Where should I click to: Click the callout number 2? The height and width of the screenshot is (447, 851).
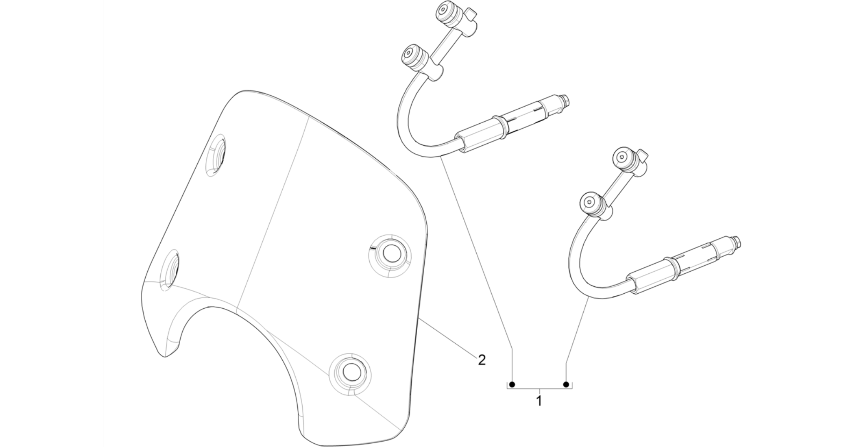click(481, 359)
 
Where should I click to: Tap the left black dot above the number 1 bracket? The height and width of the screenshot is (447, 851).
click(512, 384)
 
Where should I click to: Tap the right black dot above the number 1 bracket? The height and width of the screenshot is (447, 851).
click(565, 384)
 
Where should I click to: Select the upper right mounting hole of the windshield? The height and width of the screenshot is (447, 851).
click(390, 254)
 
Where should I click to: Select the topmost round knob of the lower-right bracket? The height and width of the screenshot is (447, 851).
click(624, 157)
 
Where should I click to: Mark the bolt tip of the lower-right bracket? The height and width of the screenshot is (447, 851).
click(737, 241)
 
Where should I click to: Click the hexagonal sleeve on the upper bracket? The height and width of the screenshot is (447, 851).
click(476, 137)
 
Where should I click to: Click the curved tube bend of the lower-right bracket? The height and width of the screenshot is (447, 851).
click(576, 258)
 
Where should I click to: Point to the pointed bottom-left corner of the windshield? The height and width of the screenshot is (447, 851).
click(165, 357)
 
